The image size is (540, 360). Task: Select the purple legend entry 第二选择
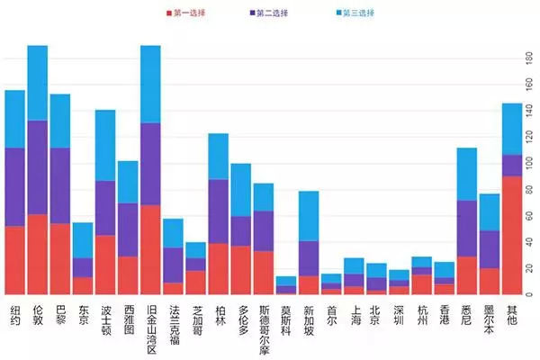(x=269, y=13)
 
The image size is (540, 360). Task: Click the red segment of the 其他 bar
(x=511, y=235)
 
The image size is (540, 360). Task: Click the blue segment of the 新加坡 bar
(x=309, y=216)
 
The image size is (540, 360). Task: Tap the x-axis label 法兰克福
(x=173, y=321)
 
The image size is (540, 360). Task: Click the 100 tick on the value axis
(x=527, y=163)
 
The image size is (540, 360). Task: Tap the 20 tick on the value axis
(x=527, y=269)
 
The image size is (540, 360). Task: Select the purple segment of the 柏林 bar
(x=218, y=211)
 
